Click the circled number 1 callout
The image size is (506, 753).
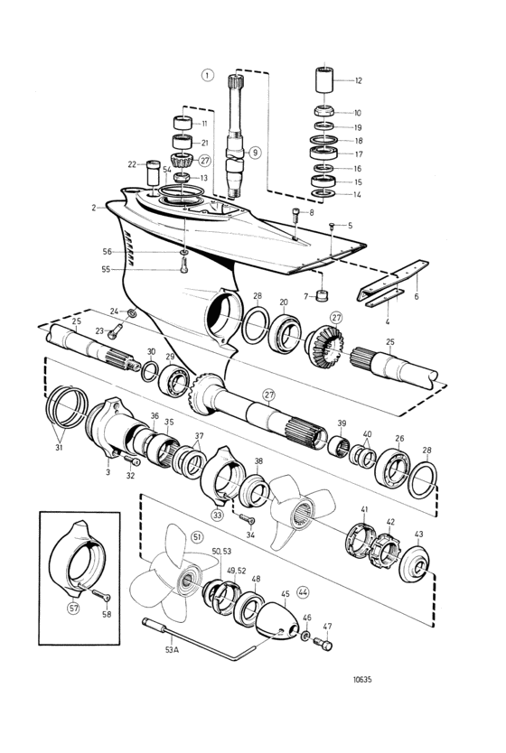click(x=207, y=76)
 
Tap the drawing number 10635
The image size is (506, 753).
click(x=362, y=680)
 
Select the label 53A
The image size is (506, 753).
click(x=171, y=650)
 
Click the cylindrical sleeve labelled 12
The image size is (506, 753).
click(x=325, y=80)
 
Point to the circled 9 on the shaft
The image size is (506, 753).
click(x=254, y=153)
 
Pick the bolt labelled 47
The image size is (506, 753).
click(x=323, y=643)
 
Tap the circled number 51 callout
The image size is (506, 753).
click(x=197, y=537)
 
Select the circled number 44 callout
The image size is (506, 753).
click(x=303, y=592)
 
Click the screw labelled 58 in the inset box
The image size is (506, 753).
click(x=101, y=596)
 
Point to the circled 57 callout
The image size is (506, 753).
click(x=72, y=608)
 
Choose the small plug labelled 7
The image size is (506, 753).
click(x=320, y=294)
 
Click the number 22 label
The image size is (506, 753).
click(x=132, y=164)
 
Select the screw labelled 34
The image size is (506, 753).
click(x=247, y=519)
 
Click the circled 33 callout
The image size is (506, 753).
click(x=217, y=515)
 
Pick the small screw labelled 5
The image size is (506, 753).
click(x=332, y=225)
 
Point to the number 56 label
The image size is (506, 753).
click(x=107, y=252)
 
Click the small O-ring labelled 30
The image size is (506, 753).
click(x=150, y=371)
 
